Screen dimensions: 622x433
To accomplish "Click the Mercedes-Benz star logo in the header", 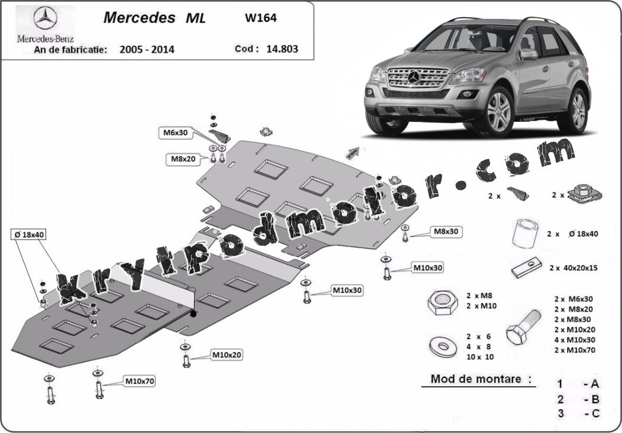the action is coord(45,18).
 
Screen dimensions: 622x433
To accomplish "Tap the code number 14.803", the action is coord(282,49).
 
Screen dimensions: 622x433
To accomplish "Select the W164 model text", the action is coord(261,18).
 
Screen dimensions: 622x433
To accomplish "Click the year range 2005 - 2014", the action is coord(147,50).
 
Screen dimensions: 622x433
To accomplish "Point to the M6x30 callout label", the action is coord(175,133).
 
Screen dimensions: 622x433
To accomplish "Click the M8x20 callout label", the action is coord(183,159).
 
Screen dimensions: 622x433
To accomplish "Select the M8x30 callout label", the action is coord(446,231).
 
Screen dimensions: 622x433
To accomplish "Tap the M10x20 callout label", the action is coord(226,354).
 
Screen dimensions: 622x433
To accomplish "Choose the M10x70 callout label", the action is coord(140,382).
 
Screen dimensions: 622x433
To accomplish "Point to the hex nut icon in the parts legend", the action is coord(442,303).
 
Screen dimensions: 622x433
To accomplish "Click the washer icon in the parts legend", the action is coord(443,347).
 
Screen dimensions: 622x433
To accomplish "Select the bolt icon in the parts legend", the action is coord(523,327).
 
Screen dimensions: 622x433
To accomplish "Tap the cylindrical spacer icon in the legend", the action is coord(525,234).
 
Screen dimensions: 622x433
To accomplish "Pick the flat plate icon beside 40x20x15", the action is coord(526,267).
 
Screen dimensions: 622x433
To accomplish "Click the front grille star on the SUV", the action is coord(414,77).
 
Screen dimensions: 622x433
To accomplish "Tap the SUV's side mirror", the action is coord(529,54).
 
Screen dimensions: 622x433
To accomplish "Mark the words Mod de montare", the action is coord(475,379).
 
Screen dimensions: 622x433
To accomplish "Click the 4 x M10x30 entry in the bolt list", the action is coord(575,340).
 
